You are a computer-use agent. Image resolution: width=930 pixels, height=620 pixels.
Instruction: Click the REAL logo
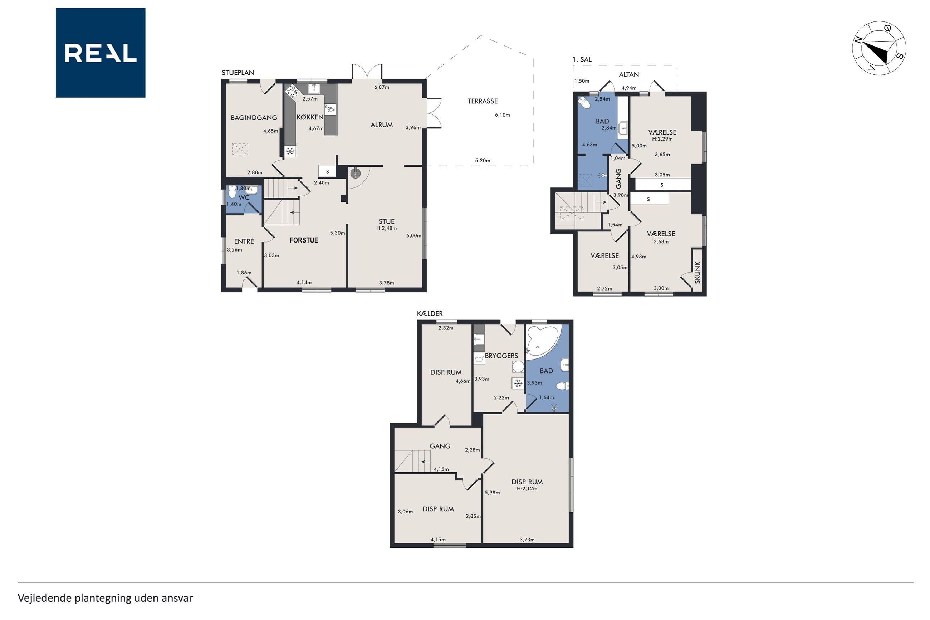coord(101,53)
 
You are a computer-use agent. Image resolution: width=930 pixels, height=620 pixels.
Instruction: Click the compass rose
coord(879,48)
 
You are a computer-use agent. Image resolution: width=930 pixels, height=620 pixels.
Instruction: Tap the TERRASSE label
coord(482,101)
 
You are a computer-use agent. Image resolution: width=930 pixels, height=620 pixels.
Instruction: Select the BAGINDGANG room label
coord(254,117)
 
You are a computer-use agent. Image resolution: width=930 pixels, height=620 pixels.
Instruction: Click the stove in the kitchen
coord(293,91)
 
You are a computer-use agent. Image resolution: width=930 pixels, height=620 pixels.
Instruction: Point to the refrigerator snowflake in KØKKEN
coord(290,151)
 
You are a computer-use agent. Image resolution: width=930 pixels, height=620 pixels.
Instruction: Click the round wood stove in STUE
coord(355,173)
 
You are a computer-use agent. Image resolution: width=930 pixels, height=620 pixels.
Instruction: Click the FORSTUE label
coord(304,240)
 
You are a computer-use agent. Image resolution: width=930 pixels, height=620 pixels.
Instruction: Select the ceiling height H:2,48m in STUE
coord(386,228)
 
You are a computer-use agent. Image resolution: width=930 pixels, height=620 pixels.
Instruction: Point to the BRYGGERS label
coord(501,356)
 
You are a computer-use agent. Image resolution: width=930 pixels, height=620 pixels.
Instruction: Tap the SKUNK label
coord(697,273)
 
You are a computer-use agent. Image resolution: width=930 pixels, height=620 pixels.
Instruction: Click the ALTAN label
coord(629,74)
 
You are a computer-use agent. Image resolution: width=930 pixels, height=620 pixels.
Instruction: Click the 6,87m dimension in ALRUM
coord(381,87)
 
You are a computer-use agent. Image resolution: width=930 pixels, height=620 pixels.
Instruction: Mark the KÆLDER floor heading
coord(430,313)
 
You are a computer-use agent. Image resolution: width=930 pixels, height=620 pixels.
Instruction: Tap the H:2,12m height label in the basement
coord(527,488)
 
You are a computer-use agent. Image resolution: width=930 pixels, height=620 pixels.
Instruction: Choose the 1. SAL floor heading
coord(582,60)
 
